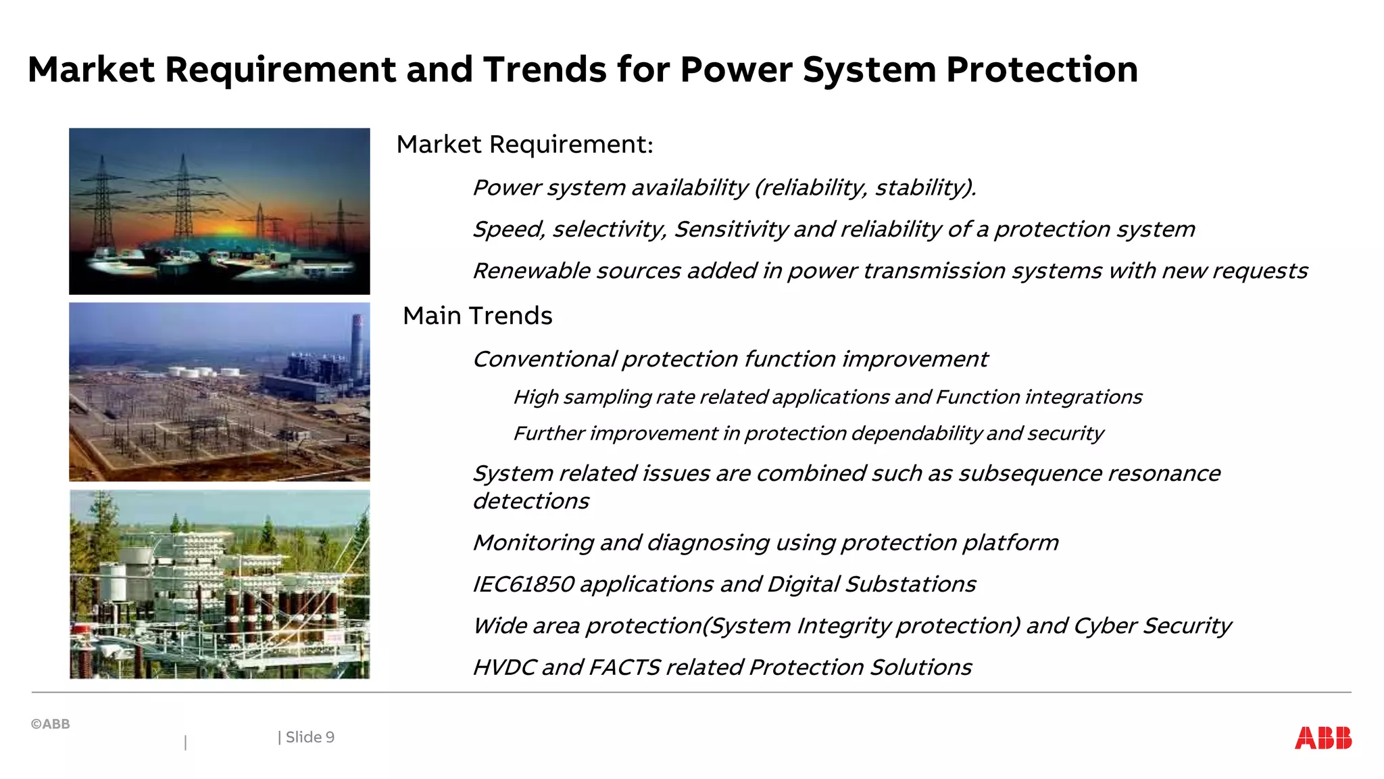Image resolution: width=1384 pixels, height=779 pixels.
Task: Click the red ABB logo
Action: click(x=1323, y=738)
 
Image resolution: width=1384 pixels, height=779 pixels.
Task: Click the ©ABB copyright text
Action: click(x=51, y=724)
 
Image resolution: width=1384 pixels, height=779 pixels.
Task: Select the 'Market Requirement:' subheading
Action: click(x=524, y=145)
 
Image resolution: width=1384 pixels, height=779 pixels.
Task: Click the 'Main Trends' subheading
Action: click(x=477, y=316)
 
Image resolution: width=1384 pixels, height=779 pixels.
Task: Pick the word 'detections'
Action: click(x=530, y=502)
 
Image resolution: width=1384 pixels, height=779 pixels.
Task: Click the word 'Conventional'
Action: click(x=544, y=359)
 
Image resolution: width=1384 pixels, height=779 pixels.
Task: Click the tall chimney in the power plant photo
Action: click(x=357, y=348)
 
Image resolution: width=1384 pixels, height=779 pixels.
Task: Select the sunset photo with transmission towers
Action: click(x=219, y=211)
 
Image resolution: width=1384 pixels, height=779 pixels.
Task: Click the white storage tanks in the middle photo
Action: click(x=203, y=372)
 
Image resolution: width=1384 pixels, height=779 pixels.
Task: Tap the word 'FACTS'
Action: click(x=624, y=667)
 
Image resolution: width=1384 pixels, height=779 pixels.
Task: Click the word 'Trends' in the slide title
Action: click(x=544, y=70)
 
